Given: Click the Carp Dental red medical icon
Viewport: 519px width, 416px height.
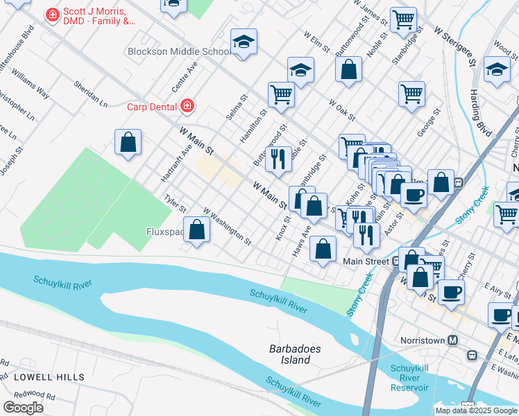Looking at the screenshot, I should click(x=187, y=106).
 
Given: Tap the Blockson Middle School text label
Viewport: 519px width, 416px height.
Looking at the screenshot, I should click(x=179, y=51).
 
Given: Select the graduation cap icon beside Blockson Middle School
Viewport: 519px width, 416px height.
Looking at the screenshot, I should click(x=244, y=42).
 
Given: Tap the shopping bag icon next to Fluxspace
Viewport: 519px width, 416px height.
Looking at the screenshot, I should click(x=197, y=230).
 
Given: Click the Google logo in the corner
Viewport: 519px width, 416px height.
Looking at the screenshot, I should click(x=23, y=407).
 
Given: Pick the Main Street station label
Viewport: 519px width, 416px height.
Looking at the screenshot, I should click(x=367, y=261).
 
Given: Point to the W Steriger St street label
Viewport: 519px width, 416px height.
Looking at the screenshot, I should click(x=454, y=46).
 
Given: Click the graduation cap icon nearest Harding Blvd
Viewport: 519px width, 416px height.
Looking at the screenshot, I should click(x=497, y=71).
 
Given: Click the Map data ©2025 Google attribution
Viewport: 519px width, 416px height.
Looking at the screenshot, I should click(x=475, y=410).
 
